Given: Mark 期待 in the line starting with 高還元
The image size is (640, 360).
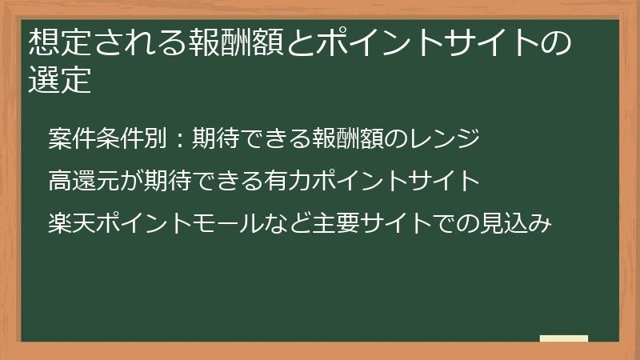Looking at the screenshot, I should point(167,181).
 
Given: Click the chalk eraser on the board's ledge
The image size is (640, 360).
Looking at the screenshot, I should point(563,338).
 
